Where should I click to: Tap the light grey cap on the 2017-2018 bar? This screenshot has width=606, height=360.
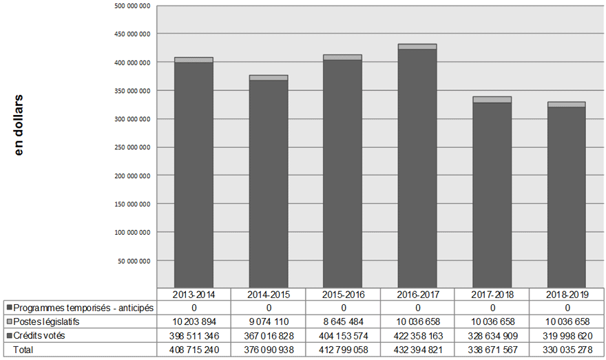tap(492, 100)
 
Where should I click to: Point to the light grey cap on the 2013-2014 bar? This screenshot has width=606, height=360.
tap(194, 60)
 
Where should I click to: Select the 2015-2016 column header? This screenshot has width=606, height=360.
tap(343, 294)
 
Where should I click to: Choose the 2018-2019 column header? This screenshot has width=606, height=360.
tap(567, 294)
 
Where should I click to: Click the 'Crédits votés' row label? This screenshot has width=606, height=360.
tap(42, 335)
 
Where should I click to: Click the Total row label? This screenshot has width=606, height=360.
tap(24, 350)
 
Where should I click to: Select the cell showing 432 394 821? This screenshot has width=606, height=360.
tap(417, 350)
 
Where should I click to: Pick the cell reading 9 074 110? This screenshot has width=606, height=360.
tap(269, 321)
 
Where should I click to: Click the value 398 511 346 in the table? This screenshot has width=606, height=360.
tap(194, 335)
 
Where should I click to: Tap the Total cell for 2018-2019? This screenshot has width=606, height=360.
tap(567, 350)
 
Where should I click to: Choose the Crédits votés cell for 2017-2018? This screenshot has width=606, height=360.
tap(492, 335)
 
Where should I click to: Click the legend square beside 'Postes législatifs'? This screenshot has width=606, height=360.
tap(9, 321)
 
